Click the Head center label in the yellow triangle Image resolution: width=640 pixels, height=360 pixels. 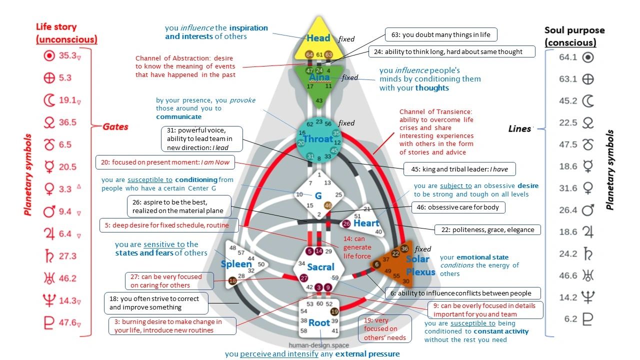coord(318,38)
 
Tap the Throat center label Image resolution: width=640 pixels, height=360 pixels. coord(317,139)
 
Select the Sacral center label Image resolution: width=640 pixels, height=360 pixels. coord(320,267)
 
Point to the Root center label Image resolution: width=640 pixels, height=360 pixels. coord(319,322)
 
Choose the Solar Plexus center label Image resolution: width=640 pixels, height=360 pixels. coord(417,265)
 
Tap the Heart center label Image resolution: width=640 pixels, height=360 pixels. coord(366,223)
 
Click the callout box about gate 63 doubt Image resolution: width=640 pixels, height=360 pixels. coord(440,34)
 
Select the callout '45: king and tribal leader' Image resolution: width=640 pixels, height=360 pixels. coord(459,169)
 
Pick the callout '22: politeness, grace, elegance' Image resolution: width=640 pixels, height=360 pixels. coord(487,230)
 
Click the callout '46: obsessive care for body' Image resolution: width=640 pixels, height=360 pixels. coord(458,207)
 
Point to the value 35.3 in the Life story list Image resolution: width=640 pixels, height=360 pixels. coord(67,55)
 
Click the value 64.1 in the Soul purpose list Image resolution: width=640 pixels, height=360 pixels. coord(568,57)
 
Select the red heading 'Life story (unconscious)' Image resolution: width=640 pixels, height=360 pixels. coord(66,33)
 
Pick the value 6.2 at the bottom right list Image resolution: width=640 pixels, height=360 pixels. coord(570,318)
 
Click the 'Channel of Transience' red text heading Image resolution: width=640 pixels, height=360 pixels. coord(435,111)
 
